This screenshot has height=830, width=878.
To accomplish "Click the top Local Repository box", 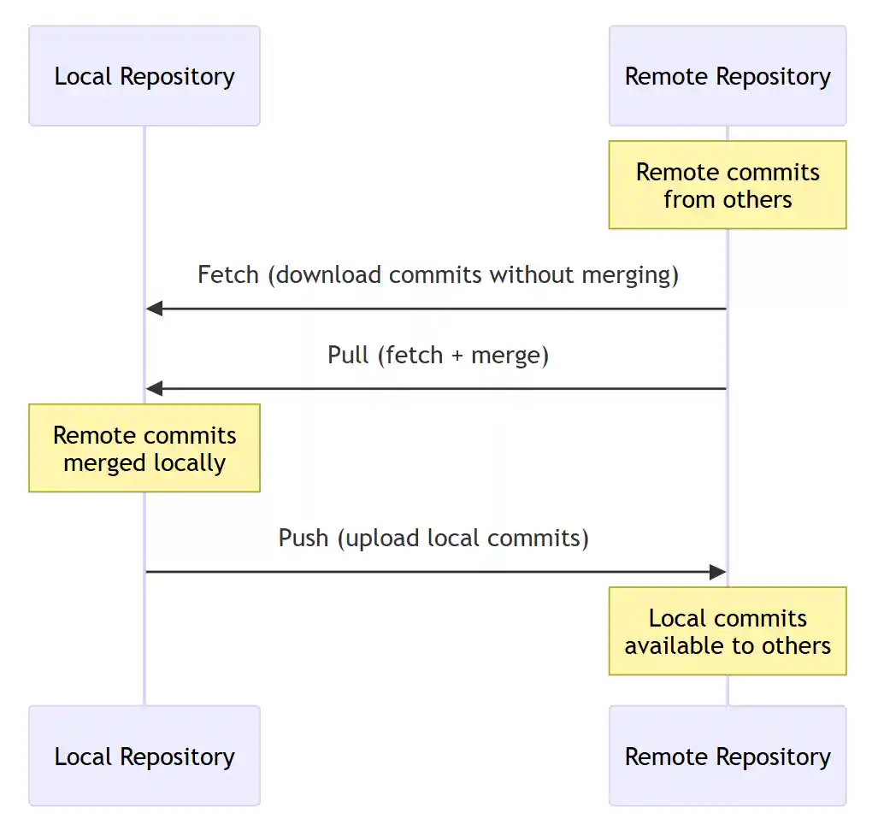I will point(144,76).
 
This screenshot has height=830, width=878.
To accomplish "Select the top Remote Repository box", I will point(727,76).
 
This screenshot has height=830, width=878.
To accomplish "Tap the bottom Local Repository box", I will point(144,756).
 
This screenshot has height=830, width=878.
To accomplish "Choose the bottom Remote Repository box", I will point(727,756).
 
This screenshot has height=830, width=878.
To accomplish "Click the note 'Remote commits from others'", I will point(727,185).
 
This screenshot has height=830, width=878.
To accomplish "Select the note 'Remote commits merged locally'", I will point(144,449).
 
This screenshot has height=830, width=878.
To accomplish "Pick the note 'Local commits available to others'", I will point(727,632).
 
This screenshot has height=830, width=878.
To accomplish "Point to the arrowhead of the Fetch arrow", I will point(154,309).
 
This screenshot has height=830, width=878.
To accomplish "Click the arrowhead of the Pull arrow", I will point(154,389).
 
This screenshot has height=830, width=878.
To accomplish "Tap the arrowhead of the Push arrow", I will point(718,572).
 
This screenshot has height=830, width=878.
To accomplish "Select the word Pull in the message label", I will point(347,356).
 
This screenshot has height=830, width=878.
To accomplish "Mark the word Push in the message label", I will point(303,539).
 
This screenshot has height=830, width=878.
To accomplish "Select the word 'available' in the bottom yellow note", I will point(673,646).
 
